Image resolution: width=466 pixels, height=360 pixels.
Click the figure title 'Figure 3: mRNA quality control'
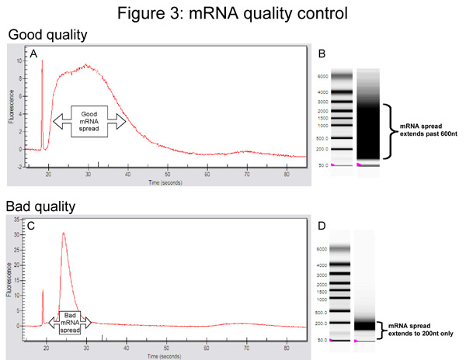pyautogui.click(x=233, y=13)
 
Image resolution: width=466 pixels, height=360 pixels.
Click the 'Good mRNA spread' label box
pyautogui.click(x=90, y=120)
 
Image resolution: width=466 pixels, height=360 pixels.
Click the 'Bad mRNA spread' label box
pyautogui.click(x=70, y=319)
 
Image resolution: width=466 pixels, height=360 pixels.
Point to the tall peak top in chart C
pyautogui.click(x=63, y=234)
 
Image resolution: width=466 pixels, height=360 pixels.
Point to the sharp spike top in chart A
pyautogui.click(x=42, y=61)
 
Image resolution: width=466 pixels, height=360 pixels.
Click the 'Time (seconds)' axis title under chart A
pyautogui.click(x=169, y=183)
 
